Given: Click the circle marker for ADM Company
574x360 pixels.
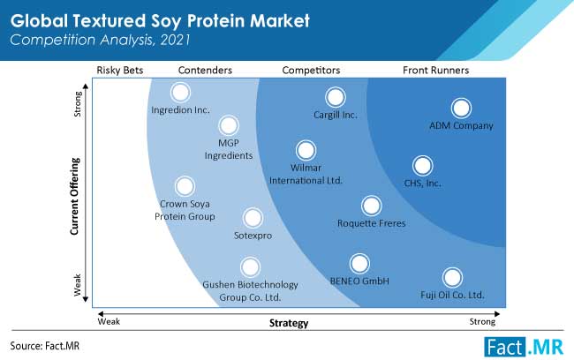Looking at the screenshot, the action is (x=461, y=108).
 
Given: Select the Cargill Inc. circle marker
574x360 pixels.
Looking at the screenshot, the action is (x=335, y=97).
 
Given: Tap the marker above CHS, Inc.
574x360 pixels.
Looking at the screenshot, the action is (x=422, y=165).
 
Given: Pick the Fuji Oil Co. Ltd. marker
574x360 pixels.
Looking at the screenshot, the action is (x=452, y=277).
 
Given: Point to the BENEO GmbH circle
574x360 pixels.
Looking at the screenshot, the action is (x=359, y=264).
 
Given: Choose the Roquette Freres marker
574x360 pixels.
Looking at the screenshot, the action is (x=371, y=206).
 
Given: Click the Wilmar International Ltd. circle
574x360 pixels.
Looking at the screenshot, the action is (x=306, y=150).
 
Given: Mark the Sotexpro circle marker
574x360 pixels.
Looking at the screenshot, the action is (x=253, y=218).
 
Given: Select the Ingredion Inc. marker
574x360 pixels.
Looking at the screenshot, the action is (x=180, y=92).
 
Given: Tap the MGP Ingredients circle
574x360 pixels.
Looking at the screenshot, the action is (x=229, y=125).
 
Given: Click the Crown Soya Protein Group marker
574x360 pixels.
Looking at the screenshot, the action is (x=185, y=186).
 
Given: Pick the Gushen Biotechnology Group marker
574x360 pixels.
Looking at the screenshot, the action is (x=250, y=266).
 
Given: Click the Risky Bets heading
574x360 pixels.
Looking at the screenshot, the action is (x=120, y=70).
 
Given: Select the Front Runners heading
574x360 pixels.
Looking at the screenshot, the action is (x=435, y=70).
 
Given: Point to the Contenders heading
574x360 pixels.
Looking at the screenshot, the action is (x=205, y=70).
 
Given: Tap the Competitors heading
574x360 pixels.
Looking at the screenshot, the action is (x=311, y=70).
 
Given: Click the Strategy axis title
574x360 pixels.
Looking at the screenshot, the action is (x=289, y=323).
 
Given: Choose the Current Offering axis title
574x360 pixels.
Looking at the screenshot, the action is (x=75, y=196).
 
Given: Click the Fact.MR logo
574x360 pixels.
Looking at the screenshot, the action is (x=524, y=347).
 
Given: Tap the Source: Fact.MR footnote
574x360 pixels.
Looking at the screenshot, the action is (x=45, y=346).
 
